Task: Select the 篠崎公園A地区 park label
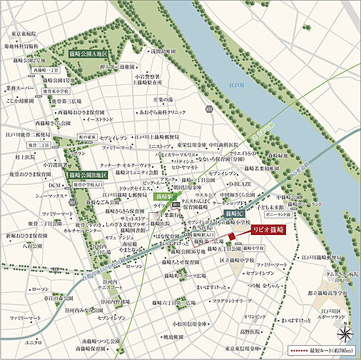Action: (87, 54)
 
